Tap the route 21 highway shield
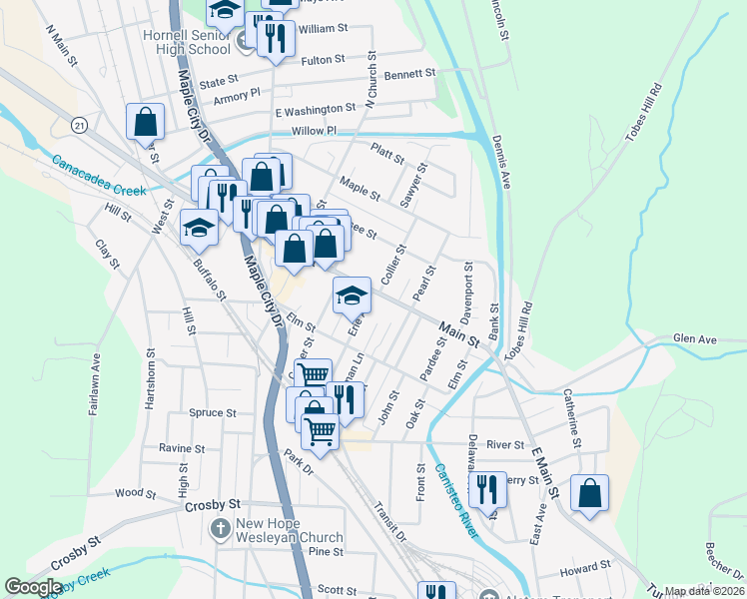coord(79,124)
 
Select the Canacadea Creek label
coord(99,174)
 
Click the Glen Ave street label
coord(695,339)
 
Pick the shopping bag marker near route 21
coord(146,121)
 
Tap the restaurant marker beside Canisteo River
coord(487,489)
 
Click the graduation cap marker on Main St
coord(352,295)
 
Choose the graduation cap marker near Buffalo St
coord(199,228)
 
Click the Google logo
coord(33,587)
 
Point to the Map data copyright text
coord(705,591)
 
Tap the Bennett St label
coord(410,74)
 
